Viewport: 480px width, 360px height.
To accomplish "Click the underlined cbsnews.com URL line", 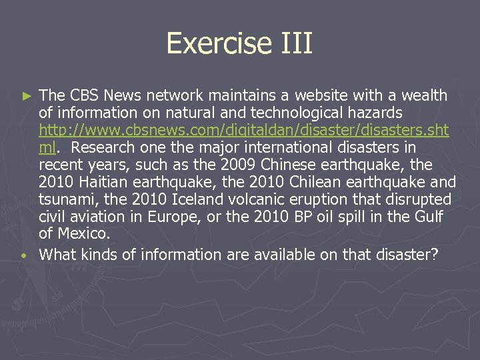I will click(244, 130).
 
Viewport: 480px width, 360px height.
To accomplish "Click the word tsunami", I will click(65, 199).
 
